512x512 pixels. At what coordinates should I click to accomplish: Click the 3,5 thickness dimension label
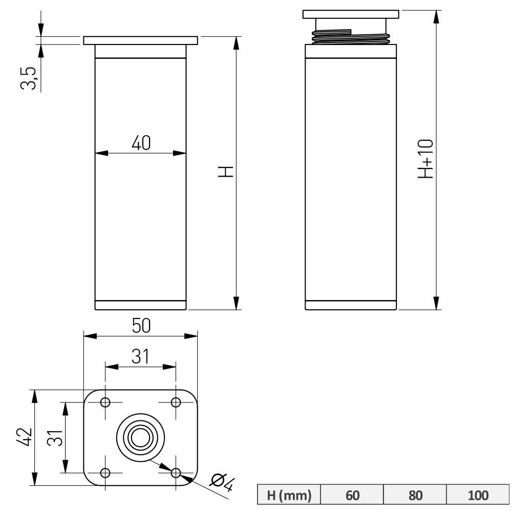[x=28, y=78]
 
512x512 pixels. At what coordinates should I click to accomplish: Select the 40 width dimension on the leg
[x=141, y=143]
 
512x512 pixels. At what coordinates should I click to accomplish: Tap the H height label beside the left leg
[x=226, y=172]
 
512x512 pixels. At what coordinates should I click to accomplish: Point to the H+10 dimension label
[x=426, y=159]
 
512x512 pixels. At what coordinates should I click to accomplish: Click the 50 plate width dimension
[x=141, y=326]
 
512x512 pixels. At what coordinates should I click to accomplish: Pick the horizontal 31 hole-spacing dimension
[x=140, y=356]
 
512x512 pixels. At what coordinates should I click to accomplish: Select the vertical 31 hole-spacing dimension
[x=55, y=438]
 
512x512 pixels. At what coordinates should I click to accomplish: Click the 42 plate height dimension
[x=24, y=437]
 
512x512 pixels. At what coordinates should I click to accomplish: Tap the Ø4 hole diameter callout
[x=222, y=483]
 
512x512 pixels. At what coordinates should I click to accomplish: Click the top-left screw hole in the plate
[x=105, y=402]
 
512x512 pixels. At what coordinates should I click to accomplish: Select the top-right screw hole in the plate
[x=176, y=402]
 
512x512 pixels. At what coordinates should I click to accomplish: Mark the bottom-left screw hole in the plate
[x=105, y=473]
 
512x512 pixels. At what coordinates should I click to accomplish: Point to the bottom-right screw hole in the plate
[x=176, y=473]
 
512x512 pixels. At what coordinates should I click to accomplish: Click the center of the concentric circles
[x=140, y=438]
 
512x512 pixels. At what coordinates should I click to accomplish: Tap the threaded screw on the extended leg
[x=351, y=36]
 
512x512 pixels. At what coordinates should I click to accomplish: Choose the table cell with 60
[x=352, y=495]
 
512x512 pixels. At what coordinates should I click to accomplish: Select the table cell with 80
[x=415, y=495]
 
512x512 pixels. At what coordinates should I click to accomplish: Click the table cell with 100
[x=478, y=495]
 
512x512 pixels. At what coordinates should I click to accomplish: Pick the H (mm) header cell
[x=289, y=495]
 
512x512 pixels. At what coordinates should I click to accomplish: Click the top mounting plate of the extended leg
[x=351, y=14]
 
